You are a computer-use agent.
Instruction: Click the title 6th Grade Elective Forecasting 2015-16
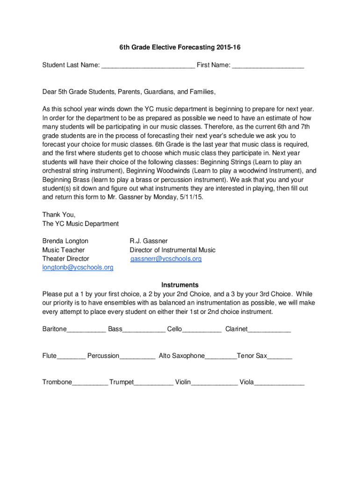(x=180, y=47)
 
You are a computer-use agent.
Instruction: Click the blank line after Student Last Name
(x=148, y=66)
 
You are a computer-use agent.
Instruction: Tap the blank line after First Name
(x=268, y=66)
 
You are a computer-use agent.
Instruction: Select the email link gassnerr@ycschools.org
(x=166, y=259)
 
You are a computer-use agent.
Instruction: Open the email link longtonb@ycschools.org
(x=78, y=268)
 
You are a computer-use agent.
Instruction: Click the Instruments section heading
(x=180, y=285)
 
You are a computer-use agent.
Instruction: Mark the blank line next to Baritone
(x=86, y=330)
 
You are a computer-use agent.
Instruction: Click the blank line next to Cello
(x=202, y=330)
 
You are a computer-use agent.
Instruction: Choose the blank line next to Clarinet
(x=269, y=330)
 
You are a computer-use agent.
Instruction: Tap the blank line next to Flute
(x=71, y=357)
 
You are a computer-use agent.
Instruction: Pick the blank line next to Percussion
(x=137, y=357)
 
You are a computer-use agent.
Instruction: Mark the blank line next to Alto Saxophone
(x=221, y=357)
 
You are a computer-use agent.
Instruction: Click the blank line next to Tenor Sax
(x=280, y=357)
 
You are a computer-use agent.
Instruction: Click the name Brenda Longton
(x=65, y=241)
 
